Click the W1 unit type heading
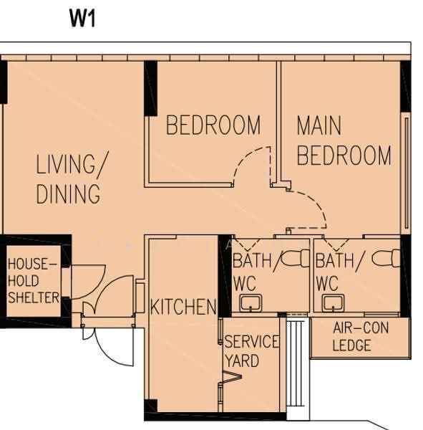[x=82, y=19]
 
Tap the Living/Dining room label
[x=72, y=178]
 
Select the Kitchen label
[x=183, y=307]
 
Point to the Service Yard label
[x=251, y=351]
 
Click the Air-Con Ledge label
[x=361, y=337]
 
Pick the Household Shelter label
[x=33, y=281]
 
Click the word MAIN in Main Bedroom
[x=319, y=125]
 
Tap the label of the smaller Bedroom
[x=213, y=125]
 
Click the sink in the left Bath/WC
[x=251, y=303]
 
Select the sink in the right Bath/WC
[x=333, y=303]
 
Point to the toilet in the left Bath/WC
[x=295, y=258]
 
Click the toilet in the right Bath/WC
[x=386, y=258]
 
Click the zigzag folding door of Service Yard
[x=232, y=377]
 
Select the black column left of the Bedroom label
[x=151, y=88]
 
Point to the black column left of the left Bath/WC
[x=225, y=276]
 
